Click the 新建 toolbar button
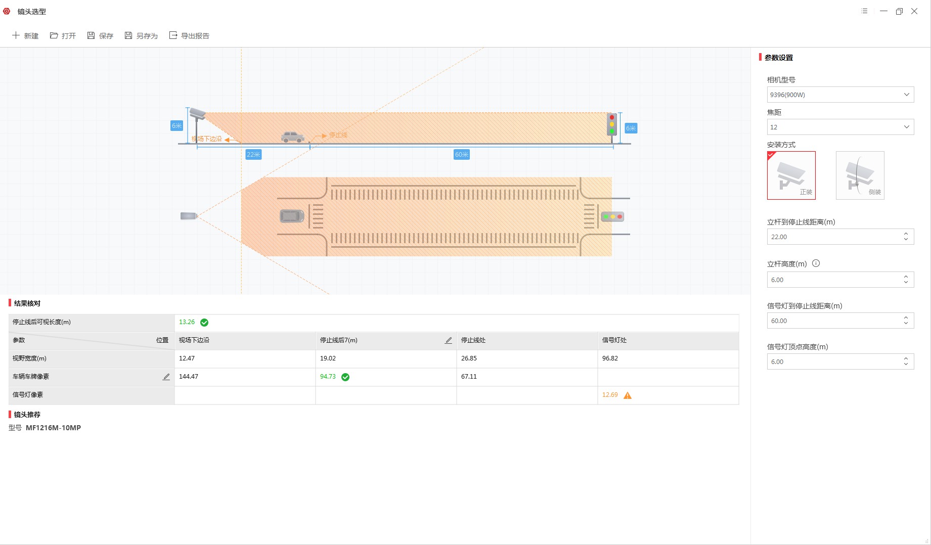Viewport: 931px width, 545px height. [25, 35]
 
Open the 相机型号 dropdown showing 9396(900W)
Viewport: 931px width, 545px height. [840, 95]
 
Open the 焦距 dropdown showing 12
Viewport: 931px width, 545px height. [840, 127]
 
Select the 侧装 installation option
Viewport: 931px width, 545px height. [860, 175]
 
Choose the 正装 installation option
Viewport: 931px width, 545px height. [791, 175]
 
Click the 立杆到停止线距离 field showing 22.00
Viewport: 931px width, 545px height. [840, 237]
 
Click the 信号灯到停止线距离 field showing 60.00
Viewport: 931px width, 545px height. [840, 321]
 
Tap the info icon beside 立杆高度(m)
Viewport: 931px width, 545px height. [816, 263]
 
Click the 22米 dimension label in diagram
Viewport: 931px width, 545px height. [253, 155]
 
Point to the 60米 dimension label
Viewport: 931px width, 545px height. [462, 155]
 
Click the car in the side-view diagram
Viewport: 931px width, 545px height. [293, 137]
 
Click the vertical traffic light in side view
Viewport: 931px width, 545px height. [612, 124]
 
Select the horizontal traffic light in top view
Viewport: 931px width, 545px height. [612, 217]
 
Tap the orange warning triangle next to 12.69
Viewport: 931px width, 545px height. [628, 395]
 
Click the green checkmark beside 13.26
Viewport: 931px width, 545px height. [204, 323]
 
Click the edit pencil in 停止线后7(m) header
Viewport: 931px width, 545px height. [448, 341]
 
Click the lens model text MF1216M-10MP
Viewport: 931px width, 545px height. [53, 428]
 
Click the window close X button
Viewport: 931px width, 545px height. [914, 11]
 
